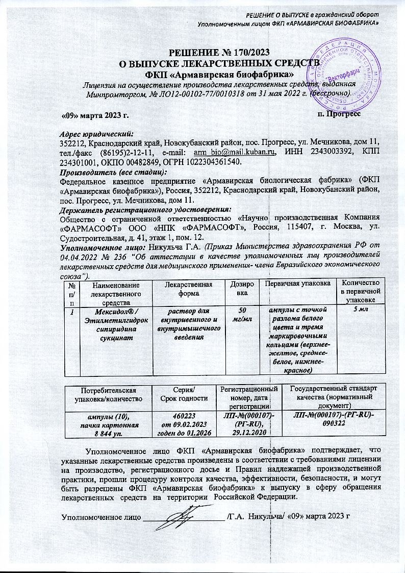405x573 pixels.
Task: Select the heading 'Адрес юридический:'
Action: click(96, 133)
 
